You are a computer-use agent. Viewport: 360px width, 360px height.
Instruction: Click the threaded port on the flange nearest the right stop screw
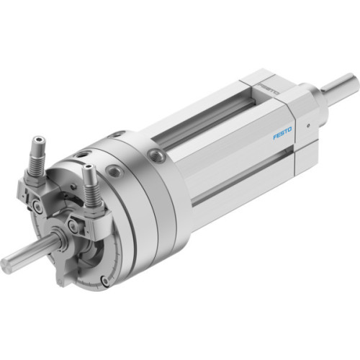point(114,171)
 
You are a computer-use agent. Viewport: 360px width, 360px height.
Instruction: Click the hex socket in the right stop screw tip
point(87,168)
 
